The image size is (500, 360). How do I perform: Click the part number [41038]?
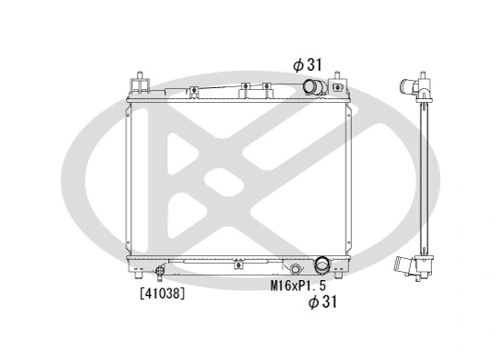coord(162,295)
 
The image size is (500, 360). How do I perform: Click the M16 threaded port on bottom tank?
coord(295,269)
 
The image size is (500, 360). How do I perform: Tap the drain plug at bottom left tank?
coord(159,270)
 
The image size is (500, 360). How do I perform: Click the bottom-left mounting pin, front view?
coord(136,274)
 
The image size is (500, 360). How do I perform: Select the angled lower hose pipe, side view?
coord(405,267)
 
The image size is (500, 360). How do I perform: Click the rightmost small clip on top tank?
coord(265,89)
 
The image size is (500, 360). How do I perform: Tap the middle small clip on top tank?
coord(244,89)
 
